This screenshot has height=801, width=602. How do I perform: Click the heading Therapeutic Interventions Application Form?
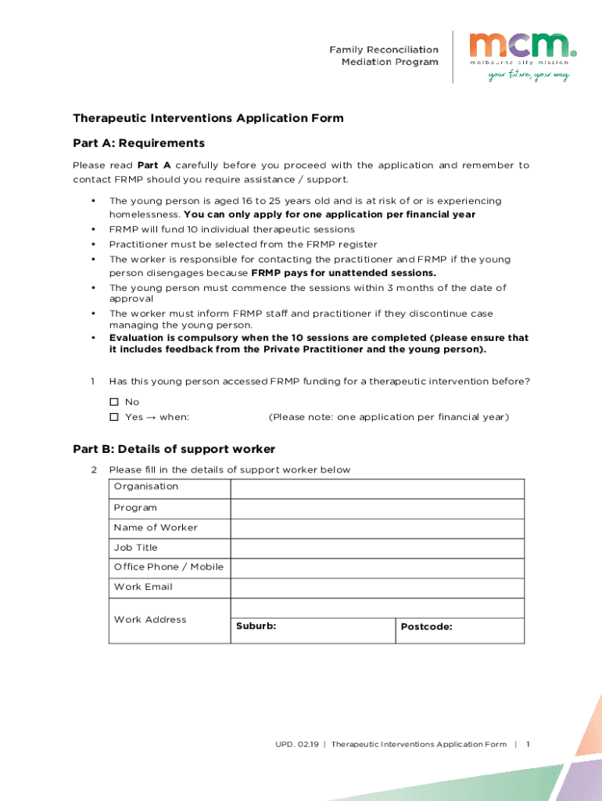pyautogui.click(x=208, y=118)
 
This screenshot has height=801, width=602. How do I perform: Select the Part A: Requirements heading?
pyautogui.click(x=138, y=143)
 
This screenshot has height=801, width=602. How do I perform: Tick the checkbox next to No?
pyautogui.click(x=114, y=402)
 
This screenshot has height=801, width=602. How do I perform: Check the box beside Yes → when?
pyautogui.click(x=114, y=417)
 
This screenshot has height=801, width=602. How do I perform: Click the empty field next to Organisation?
pyautogui.click(x=377, y=488)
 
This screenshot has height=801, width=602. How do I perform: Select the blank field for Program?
pyautogui.click(x=377, y=508)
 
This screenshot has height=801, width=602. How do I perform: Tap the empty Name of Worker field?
pyautogui.click(x=377, y=528)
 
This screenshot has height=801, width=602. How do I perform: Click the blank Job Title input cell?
pyautogui.click(x=377, y=548)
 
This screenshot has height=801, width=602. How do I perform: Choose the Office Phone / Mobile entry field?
pyautogui.click(x=377, y=568)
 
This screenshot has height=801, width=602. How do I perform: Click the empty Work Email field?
pyautogui.click(x=377, y=588)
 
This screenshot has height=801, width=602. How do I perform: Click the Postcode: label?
pyautogui.click(x=426, y=627)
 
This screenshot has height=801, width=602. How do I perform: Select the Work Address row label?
pyautogui.click(x=150, y=620)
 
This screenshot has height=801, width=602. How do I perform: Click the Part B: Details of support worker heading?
pyautogui.click(x=174, y=449)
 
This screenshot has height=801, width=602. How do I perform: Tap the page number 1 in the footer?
pyautogui.click(x=529, y=744)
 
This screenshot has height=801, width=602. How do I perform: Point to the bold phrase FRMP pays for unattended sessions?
pyautogui.click(x=343, y=273)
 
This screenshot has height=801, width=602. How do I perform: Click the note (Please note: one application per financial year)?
pyautogui.click(x=389, y=417)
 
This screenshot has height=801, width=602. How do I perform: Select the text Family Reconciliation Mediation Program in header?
pyautogui.click(x=384, y=56)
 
